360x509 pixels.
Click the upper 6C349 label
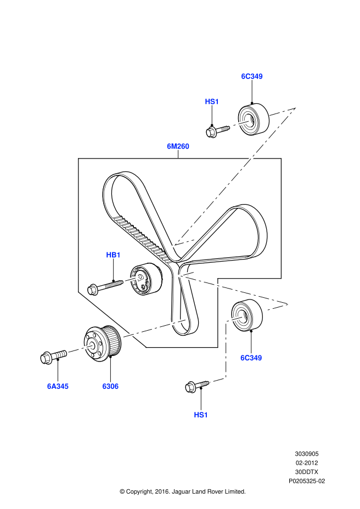[252, 76]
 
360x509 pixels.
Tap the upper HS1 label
[212, 101]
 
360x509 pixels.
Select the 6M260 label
[178, 146]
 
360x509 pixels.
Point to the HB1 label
[113, 255]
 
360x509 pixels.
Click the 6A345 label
[58, 387]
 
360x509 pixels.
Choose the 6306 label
[110, 387]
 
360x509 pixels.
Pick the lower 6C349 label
[251, 358]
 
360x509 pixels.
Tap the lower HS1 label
[201, 415]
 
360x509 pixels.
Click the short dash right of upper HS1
[240, 123]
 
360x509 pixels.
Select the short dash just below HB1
[132, 279]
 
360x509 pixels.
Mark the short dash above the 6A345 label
[80, 349]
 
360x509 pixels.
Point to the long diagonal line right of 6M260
[236, 176]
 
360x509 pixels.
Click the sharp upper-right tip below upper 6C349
[297, 106]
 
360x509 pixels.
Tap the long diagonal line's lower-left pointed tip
[173, 247]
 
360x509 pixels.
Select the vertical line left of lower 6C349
[226, 349]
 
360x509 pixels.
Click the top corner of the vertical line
[226, 321]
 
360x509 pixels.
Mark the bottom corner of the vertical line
[226, 378]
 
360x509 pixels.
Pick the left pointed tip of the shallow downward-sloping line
[177, 275]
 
